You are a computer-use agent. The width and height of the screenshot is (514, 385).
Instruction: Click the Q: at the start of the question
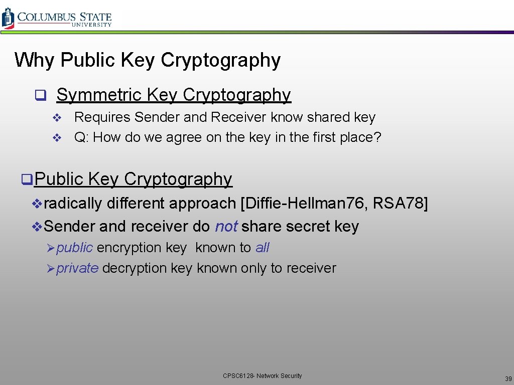pos(81,137)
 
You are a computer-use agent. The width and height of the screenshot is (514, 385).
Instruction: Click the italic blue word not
pos(226,227)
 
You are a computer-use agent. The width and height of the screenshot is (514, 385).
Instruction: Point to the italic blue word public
pos(74,248)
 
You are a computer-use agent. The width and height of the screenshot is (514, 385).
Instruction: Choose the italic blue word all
pos(263,248)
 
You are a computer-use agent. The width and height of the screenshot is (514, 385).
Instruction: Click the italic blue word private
pos(77,268)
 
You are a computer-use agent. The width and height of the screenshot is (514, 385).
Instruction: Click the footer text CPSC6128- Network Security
pos(262,375)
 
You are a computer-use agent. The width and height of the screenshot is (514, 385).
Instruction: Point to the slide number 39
pos(508,378)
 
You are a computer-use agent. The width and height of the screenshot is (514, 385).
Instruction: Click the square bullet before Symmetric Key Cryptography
pos(37,95)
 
